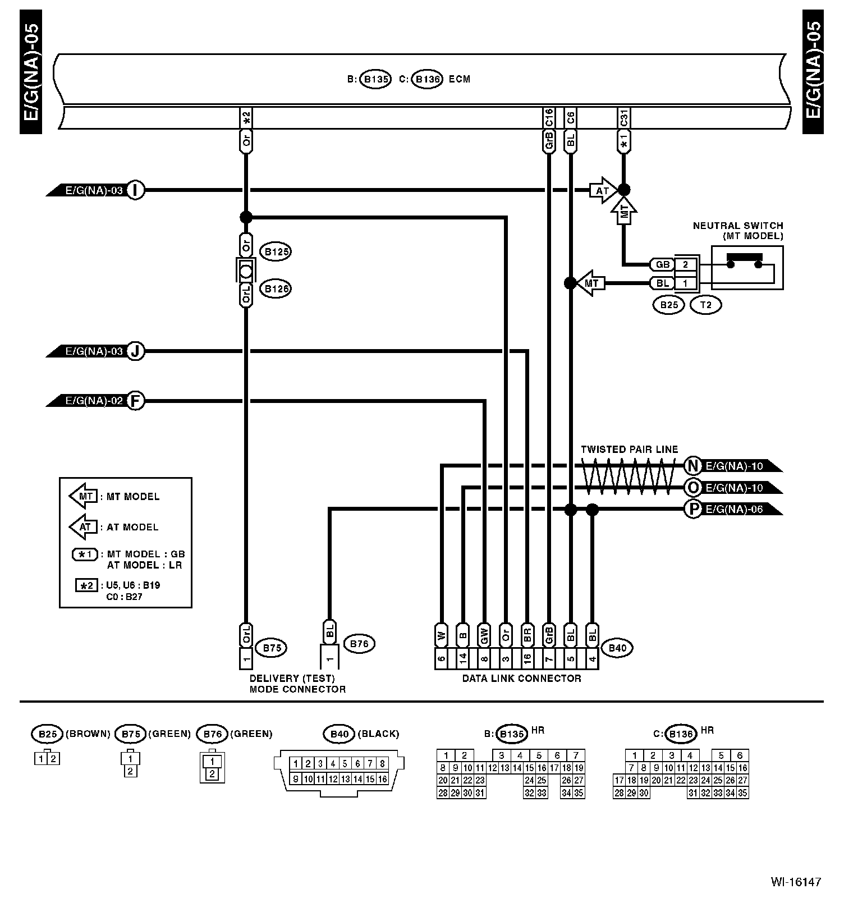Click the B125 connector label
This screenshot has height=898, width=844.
[276, 251]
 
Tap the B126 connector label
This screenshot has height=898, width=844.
[276, 289]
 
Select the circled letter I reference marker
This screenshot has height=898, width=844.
[135, 190]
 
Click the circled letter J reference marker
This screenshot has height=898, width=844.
[135, 351]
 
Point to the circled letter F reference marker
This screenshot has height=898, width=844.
[135, 401]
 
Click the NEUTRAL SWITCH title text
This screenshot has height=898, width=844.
[737, 226]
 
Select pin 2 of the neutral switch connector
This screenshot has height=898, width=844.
[685, 264]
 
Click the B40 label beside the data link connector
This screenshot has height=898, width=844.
[617, 648]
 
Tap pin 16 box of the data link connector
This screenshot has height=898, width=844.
[527, 658]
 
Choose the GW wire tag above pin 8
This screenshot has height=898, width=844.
[484, 635]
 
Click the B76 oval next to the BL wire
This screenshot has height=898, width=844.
[359, 644]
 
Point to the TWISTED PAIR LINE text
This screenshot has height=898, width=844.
[629, 450]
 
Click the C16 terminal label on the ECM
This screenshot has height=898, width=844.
[549, 118]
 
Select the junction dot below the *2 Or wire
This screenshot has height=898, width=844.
[245, 217]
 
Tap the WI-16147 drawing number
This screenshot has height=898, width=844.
[795, 882]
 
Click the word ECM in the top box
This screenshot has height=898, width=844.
[460, 79]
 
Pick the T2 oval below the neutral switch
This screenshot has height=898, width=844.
[706, 305]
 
